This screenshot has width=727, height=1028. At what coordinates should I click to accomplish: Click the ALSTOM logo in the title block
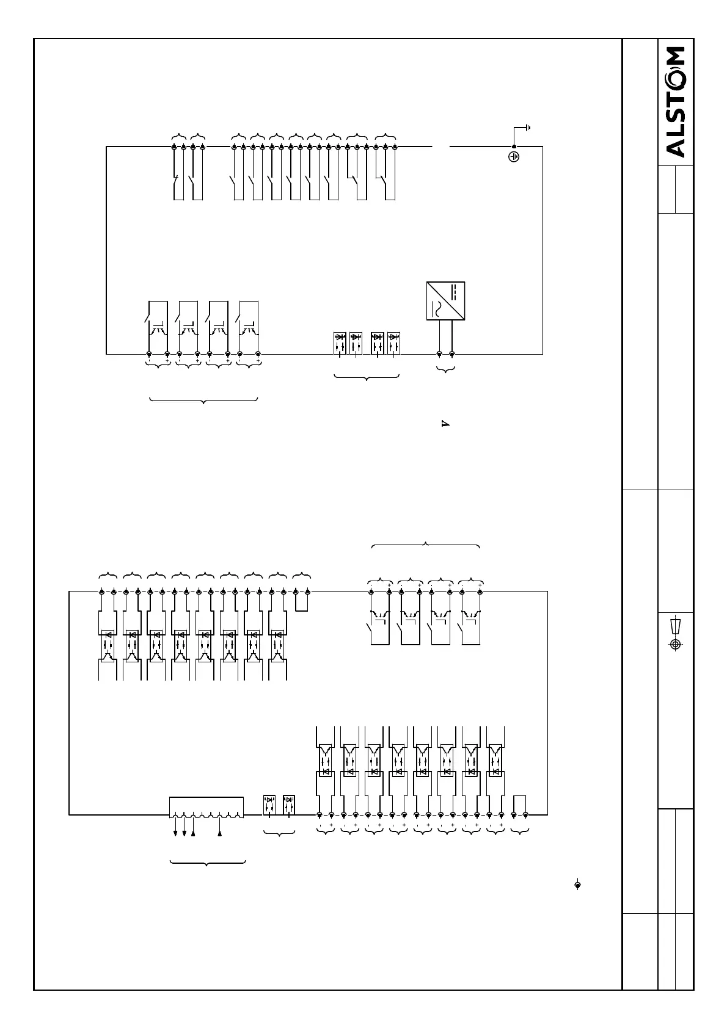(675, 102)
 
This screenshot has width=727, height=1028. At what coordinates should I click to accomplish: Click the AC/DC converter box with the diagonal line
(445, 300)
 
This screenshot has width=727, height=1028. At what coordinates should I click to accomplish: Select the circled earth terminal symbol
(513, 157)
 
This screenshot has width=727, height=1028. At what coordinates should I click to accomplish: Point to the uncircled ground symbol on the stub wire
(528, 127)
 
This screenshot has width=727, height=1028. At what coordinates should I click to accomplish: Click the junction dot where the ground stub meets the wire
(514, 147)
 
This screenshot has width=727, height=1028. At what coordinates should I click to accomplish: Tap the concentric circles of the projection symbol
(675, 645)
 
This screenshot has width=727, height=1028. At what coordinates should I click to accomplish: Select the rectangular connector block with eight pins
(206, 807)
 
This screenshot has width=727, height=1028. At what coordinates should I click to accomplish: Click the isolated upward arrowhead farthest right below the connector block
(219, 833)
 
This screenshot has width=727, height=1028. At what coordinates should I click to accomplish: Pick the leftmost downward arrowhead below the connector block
(175, 833)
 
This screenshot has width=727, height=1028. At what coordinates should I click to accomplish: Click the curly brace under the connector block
(208, 863)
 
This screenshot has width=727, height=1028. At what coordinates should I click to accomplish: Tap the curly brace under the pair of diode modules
(279, 833)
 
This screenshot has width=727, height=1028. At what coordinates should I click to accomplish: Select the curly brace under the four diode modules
(367, 377)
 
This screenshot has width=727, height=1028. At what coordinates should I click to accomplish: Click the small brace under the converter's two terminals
(445, 369)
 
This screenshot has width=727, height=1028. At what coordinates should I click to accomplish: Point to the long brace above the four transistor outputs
(425, 545)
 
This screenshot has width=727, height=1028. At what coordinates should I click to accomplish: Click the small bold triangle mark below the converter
(445, 424)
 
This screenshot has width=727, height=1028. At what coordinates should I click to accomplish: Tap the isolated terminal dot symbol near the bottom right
(578, 885)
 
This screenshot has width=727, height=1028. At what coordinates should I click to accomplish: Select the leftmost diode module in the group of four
(340, 343)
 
